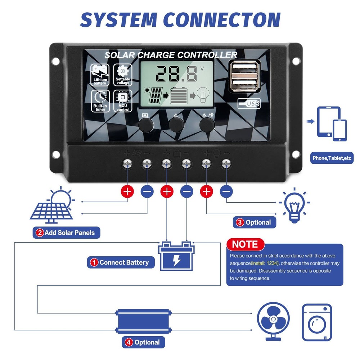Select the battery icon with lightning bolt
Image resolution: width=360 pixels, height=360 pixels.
tap(176, 256)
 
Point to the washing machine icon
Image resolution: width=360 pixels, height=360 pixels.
tap(317, 322)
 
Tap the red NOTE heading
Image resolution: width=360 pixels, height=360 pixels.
tap(245, 244)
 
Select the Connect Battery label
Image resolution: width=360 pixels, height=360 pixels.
tap(121, 262)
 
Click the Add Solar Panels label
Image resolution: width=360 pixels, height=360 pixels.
tap(66, 233)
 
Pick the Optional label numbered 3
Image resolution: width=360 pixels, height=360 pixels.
tap(255, 222)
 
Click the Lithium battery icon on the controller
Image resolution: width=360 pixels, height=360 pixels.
tap(100, 75)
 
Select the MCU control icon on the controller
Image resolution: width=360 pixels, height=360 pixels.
tap(122, 100)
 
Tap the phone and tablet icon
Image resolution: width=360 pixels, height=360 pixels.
tap(332, 123)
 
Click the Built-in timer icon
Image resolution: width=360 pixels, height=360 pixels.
tap(100, 100)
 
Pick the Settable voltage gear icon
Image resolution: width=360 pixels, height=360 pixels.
tap(122, 75)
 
